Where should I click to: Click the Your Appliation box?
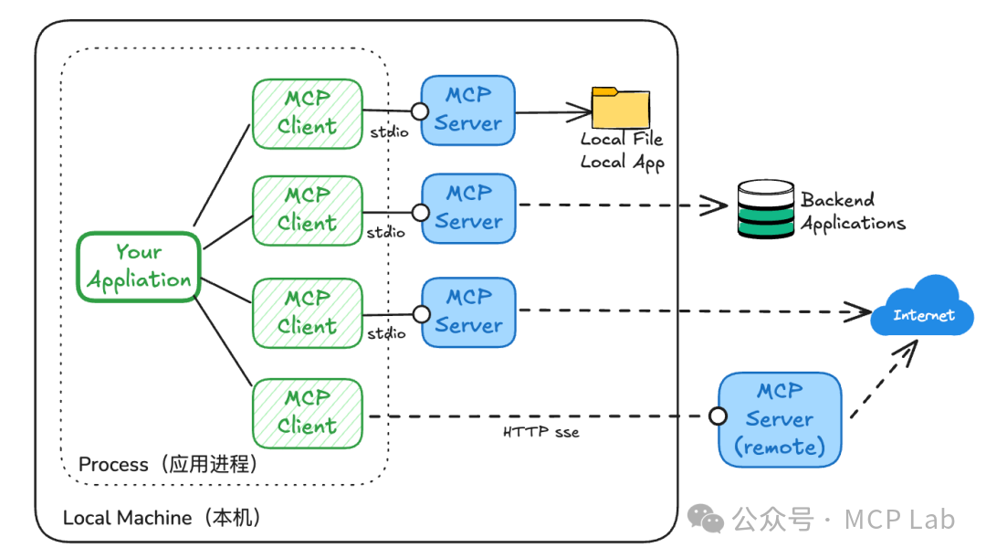click(x=139, y=266)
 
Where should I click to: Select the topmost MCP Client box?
click(x=307, y=113)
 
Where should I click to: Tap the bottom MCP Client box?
click(x=307, y=412)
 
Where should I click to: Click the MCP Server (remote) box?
click(x=779, y=419)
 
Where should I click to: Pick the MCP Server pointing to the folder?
click(x=468, y=110)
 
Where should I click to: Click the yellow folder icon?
click(x=621, y=108)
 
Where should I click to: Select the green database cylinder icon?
click(x=765, y=209)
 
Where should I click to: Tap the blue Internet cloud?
click(x=923, y=309)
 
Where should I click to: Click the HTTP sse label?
click(x=540, y=432)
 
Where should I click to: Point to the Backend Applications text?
click(x=853, y=212)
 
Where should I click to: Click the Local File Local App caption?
click(x=623, y=151)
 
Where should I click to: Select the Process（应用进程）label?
click(x=169, y=464)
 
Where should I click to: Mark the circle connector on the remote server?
click(x=719, y=416)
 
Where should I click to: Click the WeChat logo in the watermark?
click(x=706, y=519)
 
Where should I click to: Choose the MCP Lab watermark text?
click(x=898, y=520)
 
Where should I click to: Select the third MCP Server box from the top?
click(x=468, y=311)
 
